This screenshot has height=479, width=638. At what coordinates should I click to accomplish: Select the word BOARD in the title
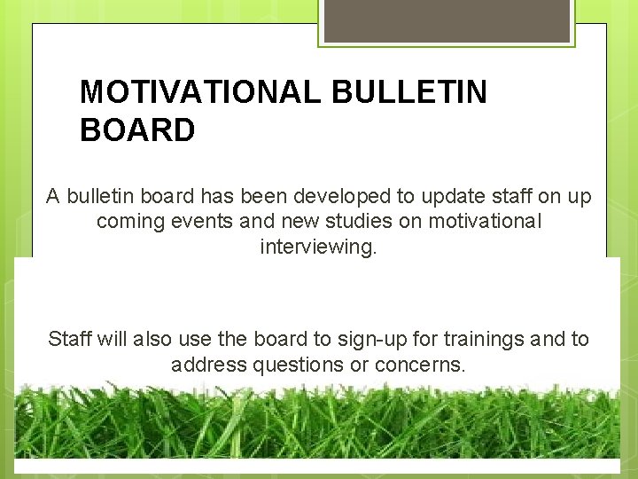[x=137, y=131]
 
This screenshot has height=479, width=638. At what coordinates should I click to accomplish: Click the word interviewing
[x=318, y=247]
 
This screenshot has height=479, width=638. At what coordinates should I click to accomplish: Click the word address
[x=205, y=365]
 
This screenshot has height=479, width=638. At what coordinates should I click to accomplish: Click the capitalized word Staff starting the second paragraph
[x=70, y=339]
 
